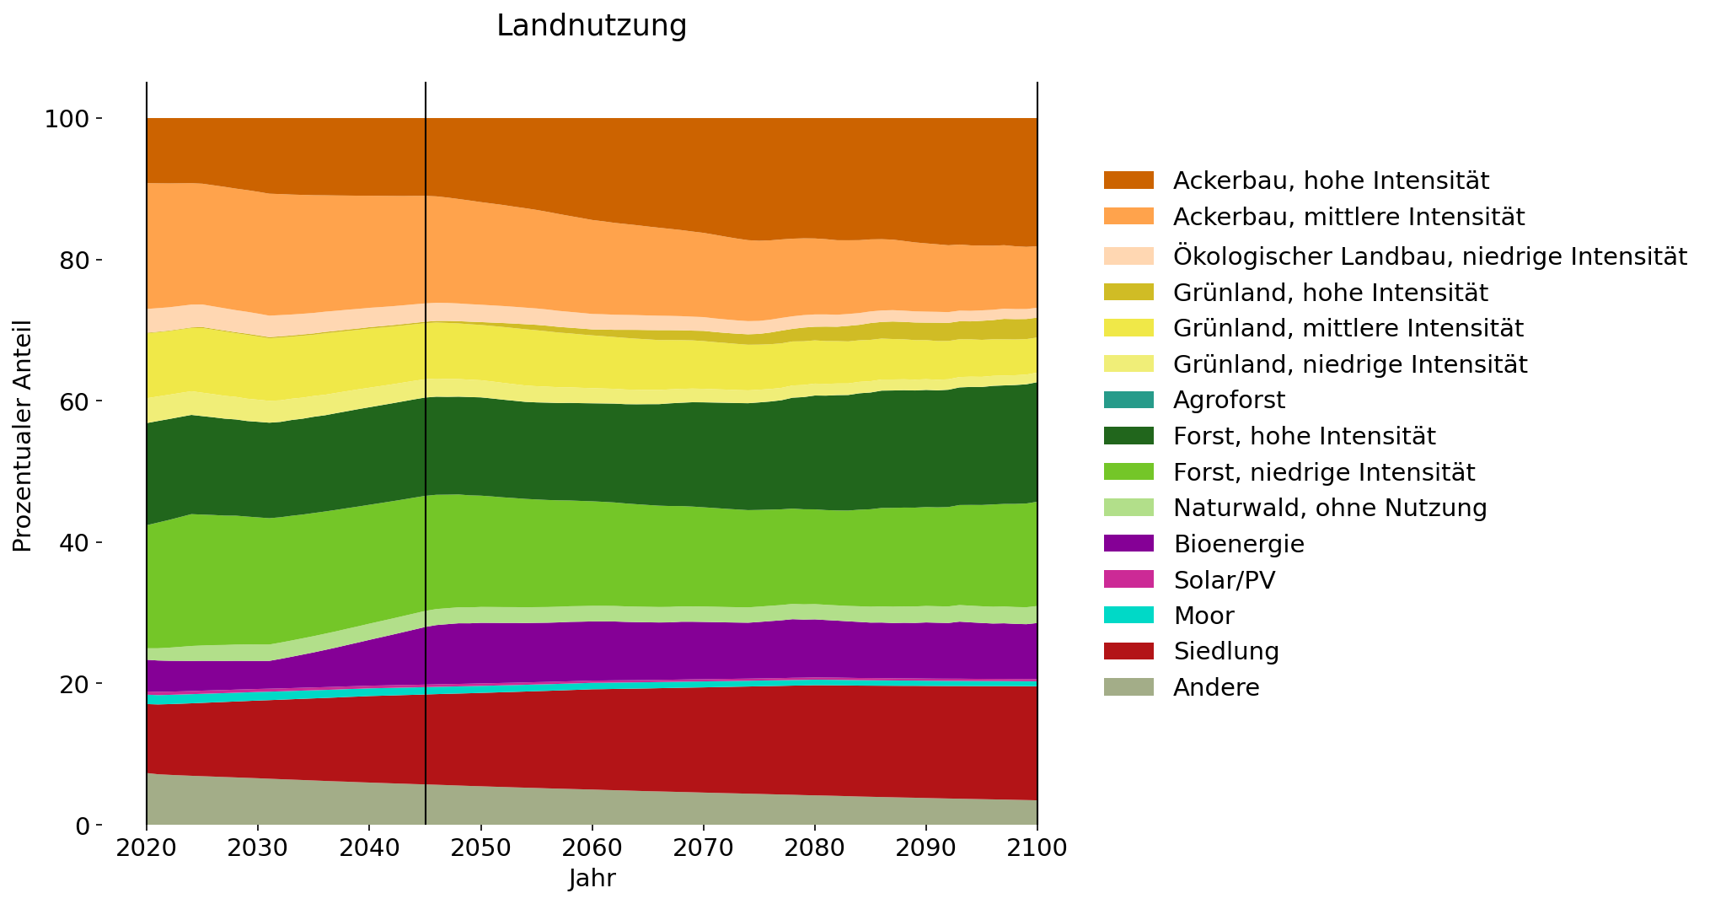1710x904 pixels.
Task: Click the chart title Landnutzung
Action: click(592, 26)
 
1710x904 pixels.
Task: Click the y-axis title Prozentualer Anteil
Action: click(23, 436)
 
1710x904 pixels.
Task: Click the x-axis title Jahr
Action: click(592, 879)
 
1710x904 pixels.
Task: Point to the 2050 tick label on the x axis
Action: click(480, 847)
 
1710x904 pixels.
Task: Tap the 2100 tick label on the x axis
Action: click(1037, 847)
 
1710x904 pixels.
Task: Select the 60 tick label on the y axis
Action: click(73, 401)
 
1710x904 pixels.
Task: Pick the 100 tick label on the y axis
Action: click(67, 119)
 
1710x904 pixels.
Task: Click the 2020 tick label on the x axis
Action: click(147, 847)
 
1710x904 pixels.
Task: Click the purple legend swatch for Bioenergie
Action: click(1128, 544)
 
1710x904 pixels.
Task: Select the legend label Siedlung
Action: click(1226, 651)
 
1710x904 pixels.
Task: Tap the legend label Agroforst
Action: click(1230, 400)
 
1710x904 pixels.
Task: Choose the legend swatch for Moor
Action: click(1128, 616)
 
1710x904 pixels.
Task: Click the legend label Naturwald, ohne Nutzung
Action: click(1330, 508)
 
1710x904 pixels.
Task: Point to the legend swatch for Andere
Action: click(1128, 687)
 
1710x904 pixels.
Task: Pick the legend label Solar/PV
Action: click(1224, 580)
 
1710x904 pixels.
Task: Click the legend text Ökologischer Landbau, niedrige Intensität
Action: click(1429, 256)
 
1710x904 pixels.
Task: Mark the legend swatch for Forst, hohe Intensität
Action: click(1128, 436)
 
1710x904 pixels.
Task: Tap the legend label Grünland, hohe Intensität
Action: click(1331, 293)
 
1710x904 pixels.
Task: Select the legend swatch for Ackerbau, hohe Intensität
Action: click(1128, 180)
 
